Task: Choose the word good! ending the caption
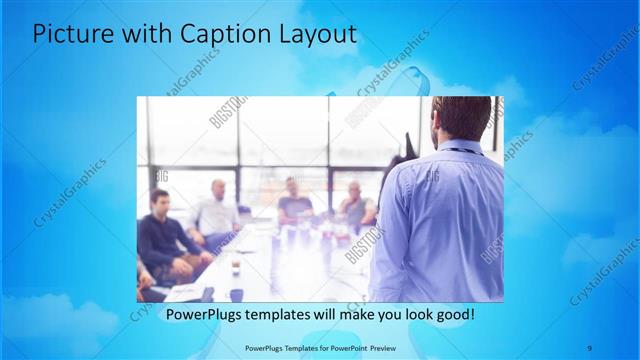455,315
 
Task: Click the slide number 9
590,348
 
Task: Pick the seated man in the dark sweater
160,240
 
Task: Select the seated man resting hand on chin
355,205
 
